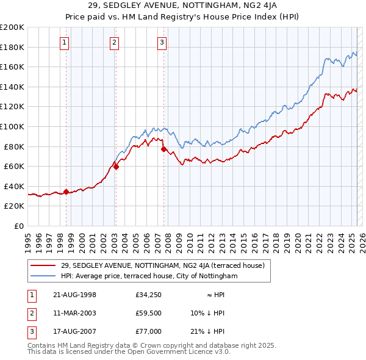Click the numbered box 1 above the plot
pos(65,42)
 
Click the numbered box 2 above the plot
pos(114,42)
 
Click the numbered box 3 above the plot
pos(162,42)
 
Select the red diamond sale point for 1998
pos(66,192)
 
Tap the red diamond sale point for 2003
pos(116,167)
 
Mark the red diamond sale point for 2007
pos(163,149)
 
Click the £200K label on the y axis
pos(12,27)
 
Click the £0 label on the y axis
pos(19,226)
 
